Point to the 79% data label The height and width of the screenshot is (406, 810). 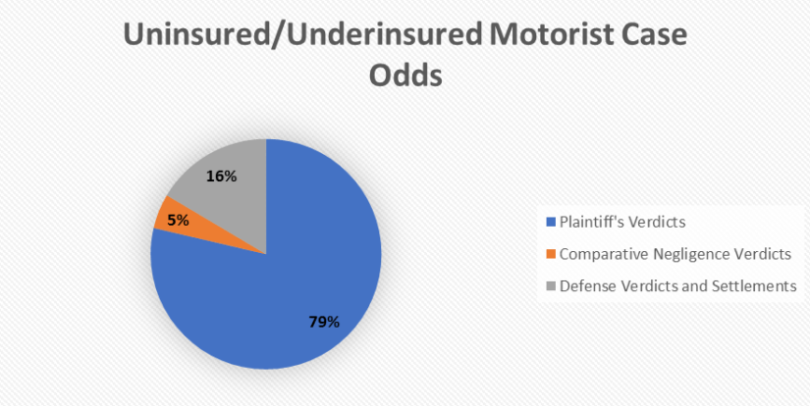tap(324, 323)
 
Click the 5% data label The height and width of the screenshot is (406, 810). tap(178, 221)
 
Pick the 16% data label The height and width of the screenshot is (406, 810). tap(221, 177)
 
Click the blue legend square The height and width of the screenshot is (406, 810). tap(551, 223)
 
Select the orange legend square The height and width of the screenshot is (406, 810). tap(551, 254)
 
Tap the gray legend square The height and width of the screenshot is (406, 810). tap(551, 285)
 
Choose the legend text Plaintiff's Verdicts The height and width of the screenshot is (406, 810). tap(622, 223)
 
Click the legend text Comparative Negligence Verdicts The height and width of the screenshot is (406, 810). tap(675, 254)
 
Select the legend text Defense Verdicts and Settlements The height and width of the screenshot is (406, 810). tap(678, 285)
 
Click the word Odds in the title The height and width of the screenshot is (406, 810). tap(407, 76)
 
